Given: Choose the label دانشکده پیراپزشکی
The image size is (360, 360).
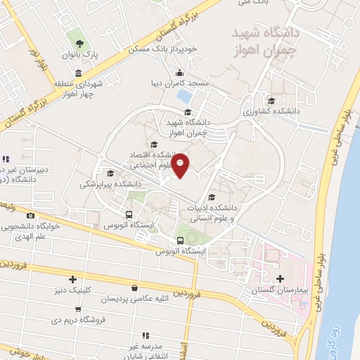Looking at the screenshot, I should coord(110,184).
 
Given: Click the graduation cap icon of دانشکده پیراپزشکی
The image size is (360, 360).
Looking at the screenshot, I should coord(110,172).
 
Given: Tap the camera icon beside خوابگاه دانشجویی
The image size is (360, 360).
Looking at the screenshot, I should coord(30,215).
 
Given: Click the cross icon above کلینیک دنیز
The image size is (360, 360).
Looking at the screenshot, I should coord(72,279).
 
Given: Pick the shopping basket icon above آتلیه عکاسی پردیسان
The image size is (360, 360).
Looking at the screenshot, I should coord(134,288).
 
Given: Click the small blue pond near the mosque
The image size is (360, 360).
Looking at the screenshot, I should coord(184,95).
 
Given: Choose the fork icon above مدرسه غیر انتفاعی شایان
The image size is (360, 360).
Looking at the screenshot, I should coord(146,336).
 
